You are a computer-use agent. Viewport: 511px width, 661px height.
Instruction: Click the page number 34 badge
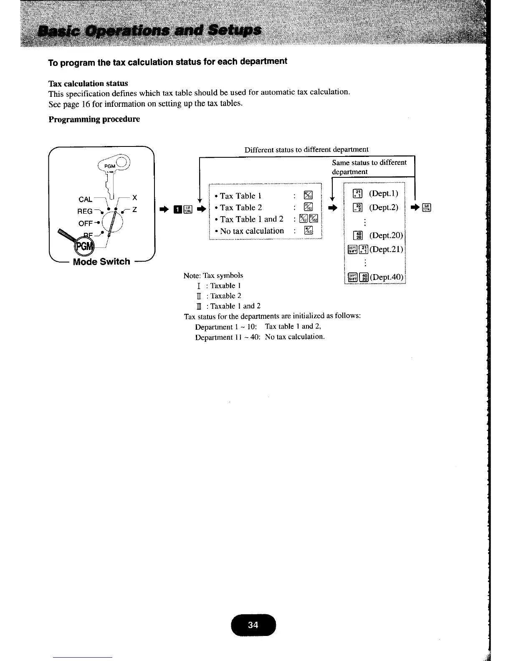253,625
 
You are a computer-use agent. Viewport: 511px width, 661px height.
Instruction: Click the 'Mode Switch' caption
101,262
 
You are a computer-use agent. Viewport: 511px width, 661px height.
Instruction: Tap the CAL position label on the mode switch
86,199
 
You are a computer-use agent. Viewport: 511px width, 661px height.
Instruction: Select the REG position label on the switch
85,212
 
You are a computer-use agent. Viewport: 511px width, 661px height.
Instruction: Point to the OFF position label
85,224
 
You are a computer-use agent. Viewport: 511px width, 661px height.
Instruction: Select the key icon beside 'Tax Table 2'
308,207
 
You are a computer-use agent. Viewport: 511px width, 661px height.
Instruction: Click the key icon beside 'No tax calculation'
308,231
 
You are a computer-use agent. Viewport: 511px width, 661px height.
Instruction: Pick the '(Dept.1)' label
384,194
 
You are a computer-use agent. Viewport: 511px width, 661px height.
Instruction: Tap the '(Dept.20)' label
386,235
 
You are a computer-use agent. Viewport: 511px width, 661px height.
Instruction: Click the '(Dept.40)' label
386,277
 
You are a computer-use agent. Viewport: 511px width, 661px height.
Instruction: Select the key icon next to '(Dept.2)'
357,207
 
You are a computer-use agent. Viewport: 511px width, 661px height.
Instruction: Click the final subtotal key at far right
427,207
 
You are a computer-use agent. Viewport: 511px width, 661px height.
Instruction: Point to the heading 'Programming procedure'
94,119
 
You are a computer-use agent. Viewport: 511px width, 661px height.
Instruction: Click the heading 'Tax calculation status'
88,83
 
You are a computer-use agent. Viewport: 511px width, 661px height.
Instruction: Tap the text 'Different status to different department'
306,149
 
